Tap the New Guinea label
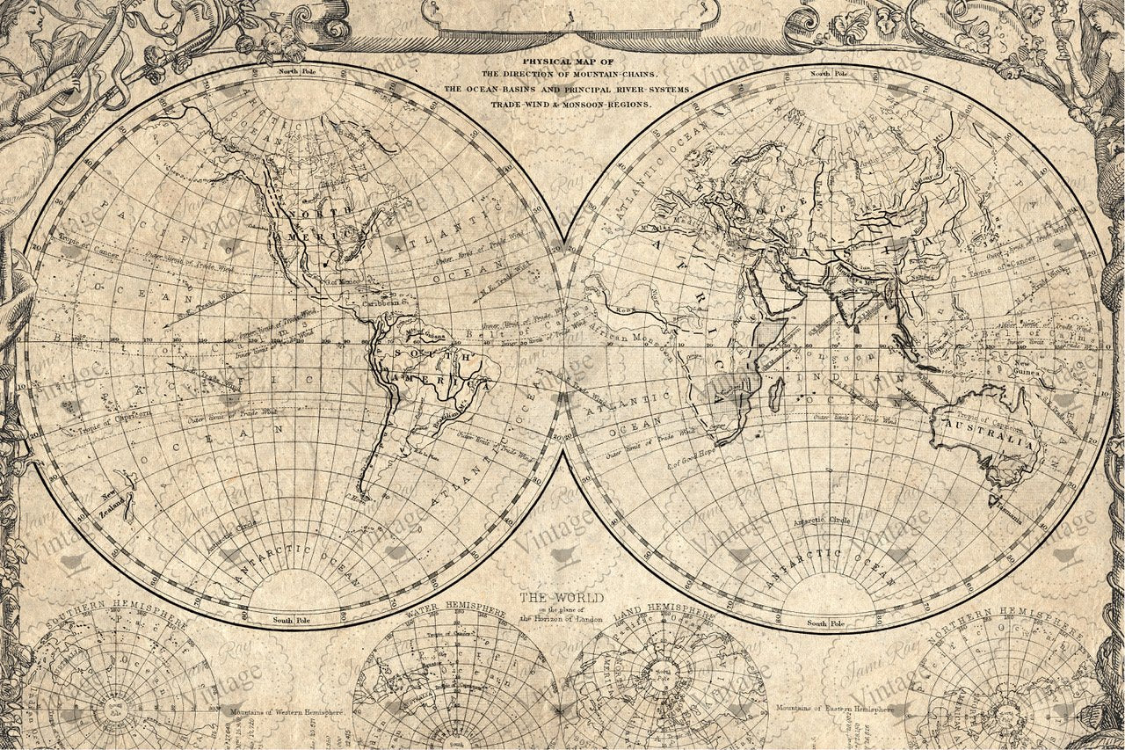(1027, 368)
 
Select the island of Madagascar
(777, 393)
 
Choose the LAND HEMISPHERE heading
(664, 609)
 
